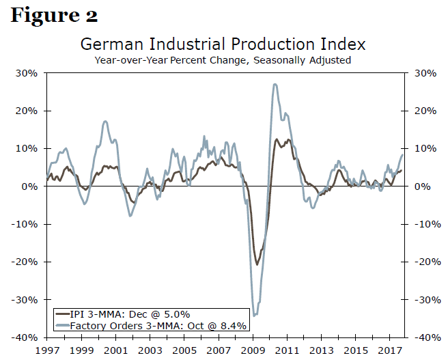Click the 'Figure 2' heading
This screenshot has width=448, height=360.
pyautogui.click(x=54, y=14)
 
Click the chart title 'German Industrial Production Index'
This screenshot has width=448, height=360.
pyautogui.click(x=223, y=44)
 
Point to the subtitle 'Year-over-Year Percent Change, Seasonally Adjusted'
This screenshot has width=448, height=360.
pyautogui.click(x=223, y=60)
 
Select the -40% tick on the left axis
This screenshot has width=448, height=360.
pyautogui.click(x=27, y=337)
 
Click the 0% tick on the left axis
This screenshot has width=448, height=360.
pyautogui.click(x=31, y=186)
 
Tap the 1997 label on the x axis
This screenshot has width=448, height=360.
pyautogui.click(x=47, y=350)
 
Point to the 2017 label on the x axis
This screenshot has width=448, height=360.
pyautogui.click(x=389, y=350)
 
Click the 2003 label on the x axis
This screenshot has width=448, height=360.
pyautogui.click(x=150, y=350)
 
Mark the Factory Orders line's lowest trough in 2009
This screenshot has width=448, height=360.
pyautogui.click(x=255, y=315)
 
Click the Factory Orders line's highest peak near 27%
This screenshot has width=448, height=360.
pyautogui.click(x=275, y=84)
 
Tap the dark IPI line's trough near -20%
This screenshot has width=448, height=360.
pyautogui.click(x=257, y=264)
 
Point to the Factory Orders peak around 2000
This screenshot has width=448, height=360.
pyautogui.click(x=105, y=122)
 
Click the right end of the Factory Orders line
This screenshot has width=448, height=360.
pyautogui.click(x=402, y=154)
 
